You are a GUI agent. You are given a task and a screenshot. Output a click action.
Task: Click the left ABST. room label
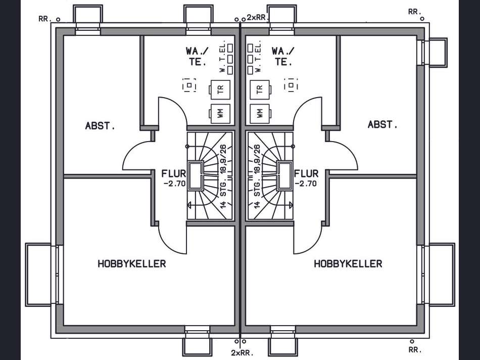[100, 125]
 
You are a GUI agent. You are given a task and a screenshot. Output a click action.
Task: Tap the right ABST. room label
[382, 124]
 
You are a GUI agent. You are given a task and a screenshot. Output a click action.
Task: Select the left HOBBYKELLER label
[132, 264]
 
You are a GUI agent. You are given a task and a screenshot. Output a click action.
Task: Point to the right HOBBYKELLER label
[348, 264]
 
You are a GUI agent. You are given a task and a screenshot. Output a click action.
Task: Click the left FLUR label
[174, 174]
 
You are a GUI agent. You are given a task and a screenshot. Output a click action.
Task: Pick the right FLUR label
[306, 174]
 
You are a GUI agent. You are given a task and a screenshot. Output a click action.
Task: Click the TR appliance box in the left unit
[220, 89]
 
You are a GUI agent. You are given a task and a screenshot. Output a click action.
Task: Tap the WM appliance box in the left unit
[220, 113]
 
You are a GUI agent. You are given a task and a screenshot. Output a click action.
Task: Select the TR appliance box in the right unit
[260, 89]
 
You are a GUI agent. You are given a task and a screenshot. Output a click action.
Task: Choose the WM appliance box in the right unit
[260, 113]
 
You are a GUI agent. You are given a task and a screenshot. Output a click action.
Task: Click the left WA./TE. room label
[198, 56]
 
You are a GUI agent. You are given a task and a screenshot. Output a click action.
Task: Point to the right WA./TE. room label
[283, 56]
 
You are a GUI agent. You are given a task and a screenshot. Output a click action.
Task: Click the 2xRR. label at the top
[258, 18]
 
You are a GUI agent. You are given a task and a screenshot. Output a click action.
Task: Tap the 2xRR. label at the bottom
[243, 353]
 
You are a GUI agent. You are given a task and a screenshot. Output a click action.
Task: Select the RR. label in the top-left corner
[45, 19]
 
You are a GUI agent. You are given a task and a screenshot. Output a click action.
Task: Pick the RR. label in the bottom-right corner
[415, 349]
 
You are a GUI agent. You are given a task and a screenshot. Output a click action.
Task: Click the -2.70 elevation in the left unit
[175, 184]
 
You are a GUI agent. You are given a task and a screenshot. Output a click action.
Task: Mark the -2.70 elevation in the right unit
[306, 184]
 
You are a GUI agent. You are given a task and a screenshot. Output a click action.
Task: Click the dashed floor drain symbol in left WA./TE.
[189, 85]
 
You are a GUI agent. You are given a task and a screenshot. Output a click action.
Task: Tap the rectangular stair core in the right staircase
[284, 176]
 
